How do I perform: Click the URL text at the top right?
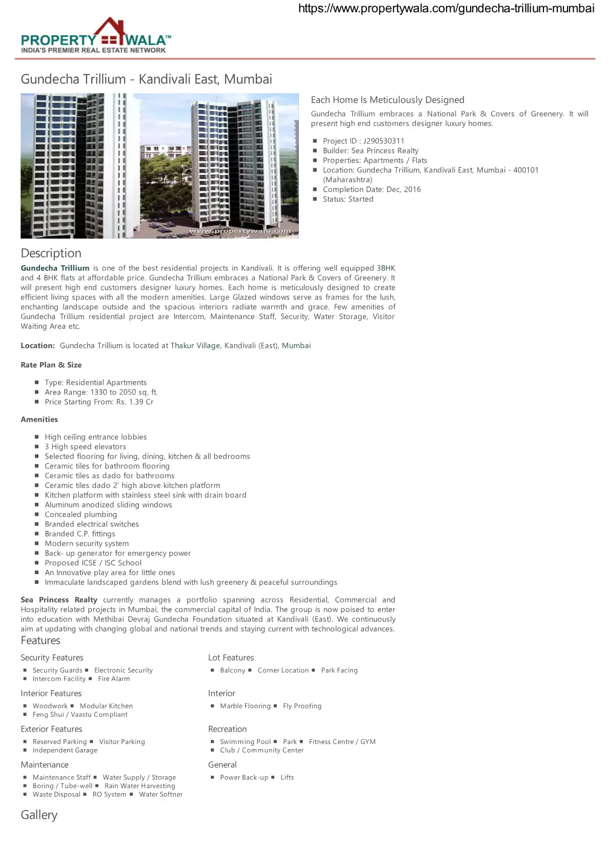click(446, 8)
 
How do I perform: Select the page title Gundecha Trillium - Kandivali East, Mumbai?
click(146, 79)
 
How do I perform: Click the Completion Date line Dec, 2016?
click(372, 189)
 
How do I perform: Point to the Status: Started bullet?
click(348, 199)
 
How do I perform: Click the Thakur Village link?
click(195, 346)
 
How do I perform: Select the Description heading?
click(51, 253)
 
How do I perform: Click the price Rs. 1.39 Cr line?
click(99, 402)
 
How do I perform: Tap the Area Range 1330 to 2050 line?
click(101, 392)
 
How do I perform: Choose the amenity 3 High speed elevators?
click(85, 446)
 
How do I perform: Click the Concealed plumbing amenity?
click(80, 514)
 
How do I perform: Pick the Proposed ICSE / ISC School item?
click(93, 563)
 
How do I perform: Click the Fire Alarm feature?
click(114, 679)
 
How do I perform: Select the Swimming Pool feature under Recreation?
click(245, 742)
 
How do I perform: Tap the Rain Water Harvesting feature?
click(139, 786)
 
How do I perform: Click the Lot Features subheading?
click(231, 658)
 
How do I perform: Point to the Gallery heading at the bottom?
click(39, 815)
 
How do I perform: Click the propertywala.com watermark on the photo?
click(240, 231)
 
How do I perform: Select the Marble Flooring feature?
click(245, 706)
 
